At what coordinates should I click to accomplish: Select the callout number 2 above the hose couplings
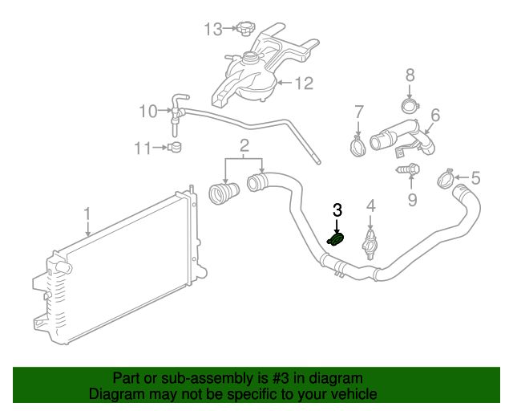(x=244, y=145)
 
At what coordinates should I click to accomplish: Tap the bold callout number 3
(x=337, y=210)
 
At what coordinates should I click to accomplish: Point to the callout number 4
(x=370, y=208)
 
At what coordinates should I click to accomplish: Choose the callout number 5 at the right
(x=475, y=177)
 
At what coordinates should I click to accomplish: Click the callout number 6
(x=435, y=115)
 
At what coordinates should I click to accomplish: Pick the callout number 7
(x=358, y=111)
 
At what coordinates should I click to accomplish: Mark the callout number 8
(x=410, y=75)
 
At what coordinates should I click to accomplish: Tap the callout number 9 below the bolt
(x=412, y=198)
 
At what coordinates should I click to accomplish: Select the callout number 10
(x=148, y=111)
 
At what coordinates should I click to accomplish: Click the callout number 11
(x=143, y=148)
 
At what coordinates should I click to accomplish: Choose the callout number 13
(x=212, y=30)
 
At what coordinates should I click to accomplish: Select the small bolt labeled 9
(x=409, y=169)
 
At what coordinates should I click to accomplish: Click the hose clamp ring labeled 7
(x=358, y=145)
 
